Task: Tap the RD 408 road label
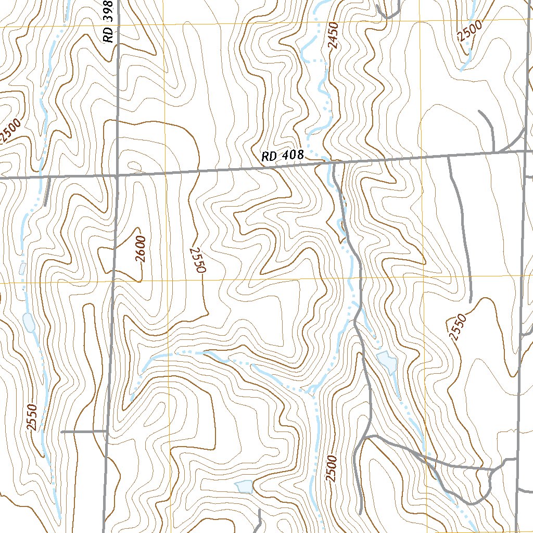(x=282, y=156)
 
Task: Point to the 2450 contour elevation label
(x=334, y=35)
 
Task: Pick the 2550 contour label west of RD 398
(x=32, y=417)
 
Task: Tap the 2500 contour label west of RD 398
(x=10, y=130)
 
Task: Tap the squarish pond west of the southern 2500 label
(x=244, y=486)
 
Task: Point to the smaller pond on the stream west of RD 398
(x=22, y=269)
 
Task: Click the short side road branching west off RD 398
(x=83, y=432)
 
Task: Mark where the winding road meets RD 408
(x=333, y=163)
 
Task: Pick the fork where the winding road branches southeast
(x=367, y=436)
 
